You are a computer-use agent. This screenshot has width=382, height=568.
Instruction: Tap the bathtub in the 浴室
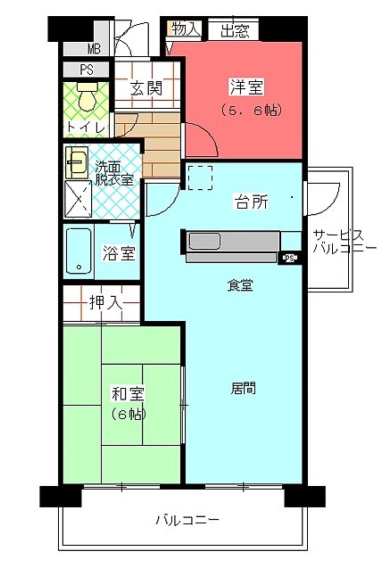[x=79, y=251]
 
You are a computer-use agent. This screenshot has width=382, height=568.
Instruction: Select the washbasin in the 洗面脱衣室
[x=77, y=162]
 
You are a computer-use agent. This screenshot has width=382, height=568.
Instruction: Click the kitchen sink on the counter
[x=204, y=242]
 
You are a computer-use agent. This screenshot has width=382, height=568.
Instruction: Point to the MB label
[x=94, y=48]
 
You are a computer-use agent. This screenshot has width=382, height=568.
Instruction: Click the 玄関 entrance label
[x=146, y=88]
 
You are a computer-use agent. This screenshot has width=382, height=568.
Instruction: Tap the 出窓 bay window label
[x=235, y=31]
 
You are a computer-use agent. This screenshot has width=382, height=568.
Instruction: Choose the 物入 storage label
[x=186, y=29]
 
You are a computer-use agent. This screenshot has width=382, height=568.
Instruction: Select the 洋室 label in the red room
[x=247, y=86]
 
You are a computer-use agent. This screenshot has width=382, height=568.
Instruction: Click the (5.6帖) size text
[x=252, y=111]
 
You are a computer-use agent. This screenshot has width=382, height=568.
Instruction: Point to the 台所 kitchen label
[x=252, y=202]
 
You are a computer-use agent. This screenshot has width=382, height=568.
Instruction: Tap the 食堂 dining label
[x=240, y=285]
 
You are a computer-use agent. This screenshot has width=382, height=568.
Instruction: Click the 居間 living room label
[x=243, y=388]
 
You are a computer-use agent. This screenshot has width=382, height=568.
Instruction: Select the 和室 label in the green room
[x=128, y=394]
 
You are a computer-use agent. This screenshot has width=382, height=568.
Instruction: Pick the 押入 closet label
[x=106, y=302]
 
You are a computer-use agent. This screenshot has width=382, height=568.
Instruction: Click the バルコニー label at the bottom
[x=187, y=521]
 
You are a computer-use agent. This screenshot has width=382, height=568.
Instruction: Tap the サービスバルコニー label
[x=345, y=242]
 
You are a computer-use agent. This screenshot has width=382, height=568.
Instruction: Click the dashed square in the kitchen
[x=201, y=177]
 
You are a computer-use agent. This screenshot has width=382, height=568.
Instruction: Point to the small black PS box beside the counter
[x=289, y=258]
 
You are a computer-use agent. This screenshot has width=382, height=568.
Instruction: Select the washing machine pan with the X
[x=78, y=199]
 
